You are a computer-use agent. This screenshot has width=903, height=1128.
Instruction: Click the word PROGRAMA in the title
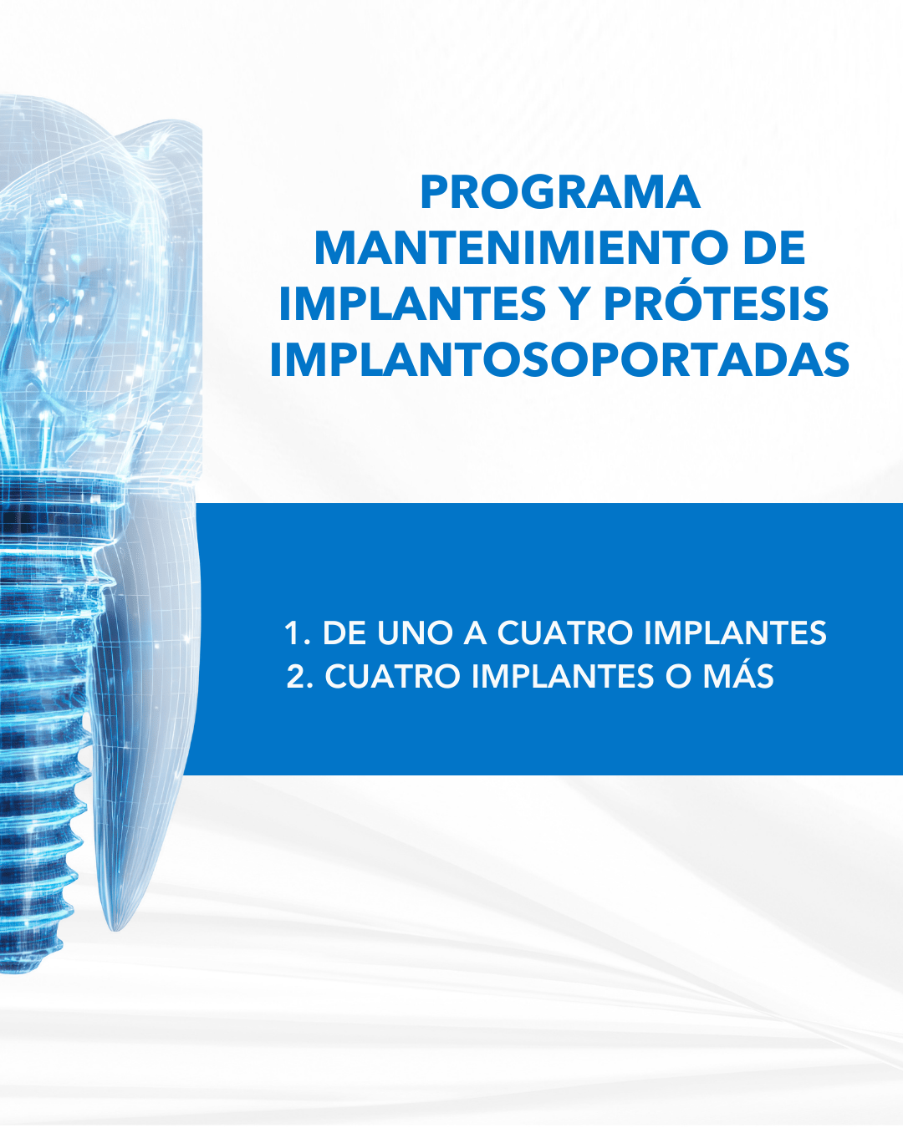pos(560,192)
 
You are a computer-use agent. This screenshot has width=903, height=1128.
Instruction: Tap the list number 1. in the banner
pos(297,633)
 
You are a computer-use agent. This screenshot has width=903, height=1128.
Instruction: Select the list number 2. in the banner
pos(300,676)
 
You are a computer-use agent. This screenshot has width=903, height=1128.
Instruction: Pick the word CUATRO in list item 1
pos(564,633)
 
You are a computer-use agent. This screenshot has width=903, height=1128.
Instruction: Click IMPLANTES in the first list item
pos(735,633)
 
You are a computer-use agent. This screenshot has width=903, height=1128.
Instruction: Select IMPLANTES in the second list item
pos(563,676)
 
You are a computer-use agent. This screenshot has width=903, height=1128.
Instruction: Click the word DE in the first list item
pos(344,633)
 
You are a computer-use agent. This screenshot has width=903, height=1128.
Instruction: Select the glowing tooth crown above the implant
pos(99,288)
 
